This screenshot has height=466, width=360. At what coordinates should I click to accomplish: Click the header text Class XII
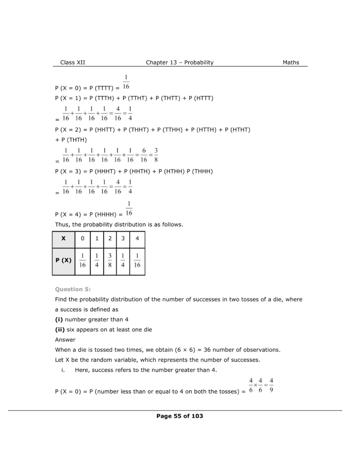(x=72, y=63)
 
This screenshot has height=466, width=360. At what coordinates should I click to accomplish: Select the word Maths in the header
(x=291, y=63)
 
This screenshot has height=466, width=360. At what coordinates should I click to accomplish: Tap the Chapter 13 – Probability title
(x=180, y=63)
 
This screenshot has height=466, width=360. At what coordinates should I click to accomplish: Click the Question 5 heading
(x=73, y=289)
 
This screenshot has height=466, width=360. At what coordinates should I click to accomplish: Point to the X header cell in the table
(x=63, y=238)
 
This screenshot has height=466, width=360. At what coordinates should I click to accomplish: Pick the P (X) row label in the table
(x=63, y=261)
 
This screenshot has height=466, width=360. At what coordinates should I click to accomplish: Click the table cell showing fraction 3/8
(x=110, y=261)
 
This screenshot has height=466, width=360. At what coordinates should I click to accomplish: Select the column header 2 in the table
(x=110, y=238)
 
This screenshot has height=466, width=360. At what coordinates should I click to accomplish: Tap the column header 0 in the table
(x=82, y=238)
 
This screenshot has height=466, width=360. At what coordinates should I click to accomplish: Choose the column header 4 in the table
(x=137, y=238)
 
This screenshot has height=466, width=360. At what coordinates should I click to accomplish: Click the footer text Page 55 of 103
(x=180, y=416)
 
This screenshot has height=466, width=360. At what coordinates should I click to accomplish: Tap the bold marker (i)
(x=59, y=319)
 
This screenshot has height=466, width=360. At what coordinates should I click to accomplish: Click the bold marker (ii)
(x=60, y=329)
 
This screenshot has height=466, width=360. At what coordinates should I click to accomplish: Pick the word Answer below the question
(x=65, y=339)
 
